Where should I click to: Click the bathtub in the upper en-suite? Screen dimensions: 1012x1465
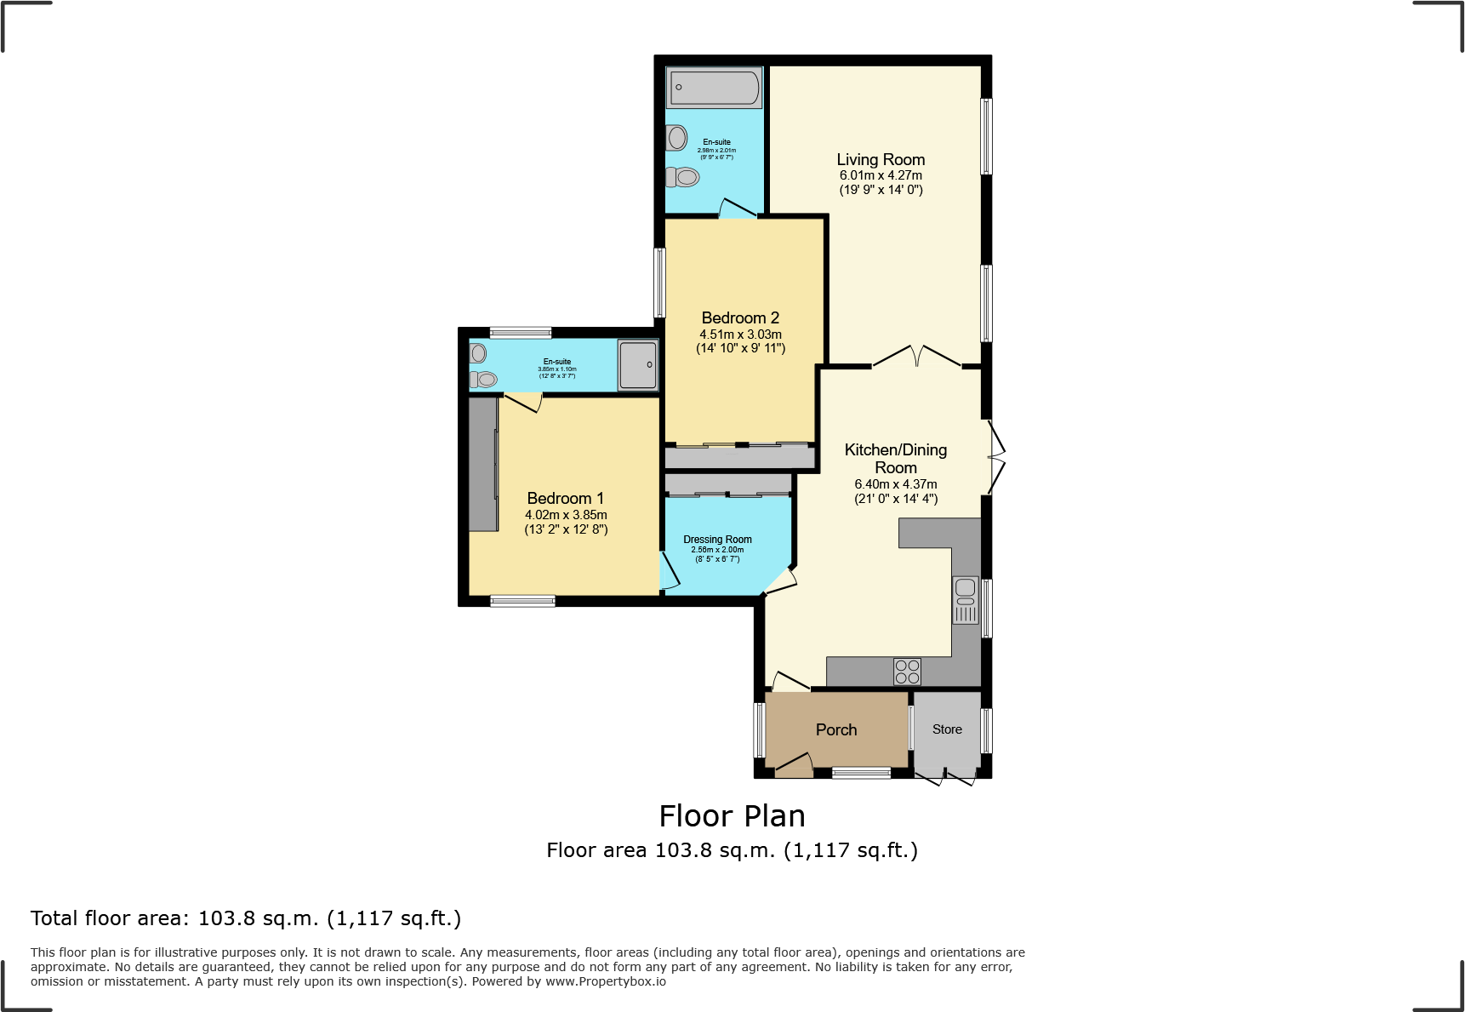click(x=714, y=88)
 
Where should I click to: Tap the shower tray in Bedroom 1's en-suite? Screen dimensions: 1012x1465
click(x=638, y=365)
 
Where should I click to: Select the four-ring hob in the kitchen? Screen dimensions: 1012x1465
click(x=907, y=672)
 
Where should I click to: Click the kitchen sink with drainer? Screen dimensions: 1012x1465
click(x=966, y=600)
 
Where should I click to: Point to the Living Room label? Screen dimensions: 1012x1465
click(x=881, y=159)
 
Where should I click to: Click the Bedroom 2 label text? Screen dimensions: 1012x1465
click(x=740, y=317)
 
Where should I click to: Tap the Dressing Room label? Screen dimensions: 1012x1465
click(x=717, y=539)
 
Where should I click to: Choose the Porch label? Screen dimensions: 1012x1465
click(x=836, y=729)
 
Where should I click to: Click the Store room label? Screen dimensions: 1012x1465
click(x=947, y=729)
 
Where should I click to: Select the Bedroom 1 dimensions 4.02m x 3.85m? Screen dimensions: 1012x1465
click(x=566, y=515)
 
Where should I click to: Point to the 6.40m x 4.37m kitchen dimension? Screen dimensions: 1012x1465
click(x=896, y=483)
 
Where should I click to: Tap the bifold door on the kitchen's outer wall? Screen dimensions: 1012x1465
click(x=996, y=458)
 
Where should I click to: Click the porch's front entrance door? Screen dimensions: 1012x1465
click(x=793, y=764)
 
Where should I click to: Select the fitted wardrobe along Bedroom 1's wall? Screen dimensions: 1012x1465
click(x=483, y=464)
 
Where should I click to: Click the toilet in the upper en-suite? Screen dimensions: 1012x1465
click(x=683, y=177)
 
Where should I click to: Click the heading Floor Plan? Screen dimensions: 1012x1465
click(x=732, y=815)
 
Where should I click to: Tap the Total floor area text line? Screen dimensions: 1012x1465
click(x=246, y=918)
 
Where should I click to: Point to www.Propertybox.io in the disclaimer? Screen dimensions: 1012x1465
click(x=605, y=981)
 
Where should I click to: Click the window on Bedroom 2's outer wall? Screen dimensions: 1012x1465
click(x=658, y=283)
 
